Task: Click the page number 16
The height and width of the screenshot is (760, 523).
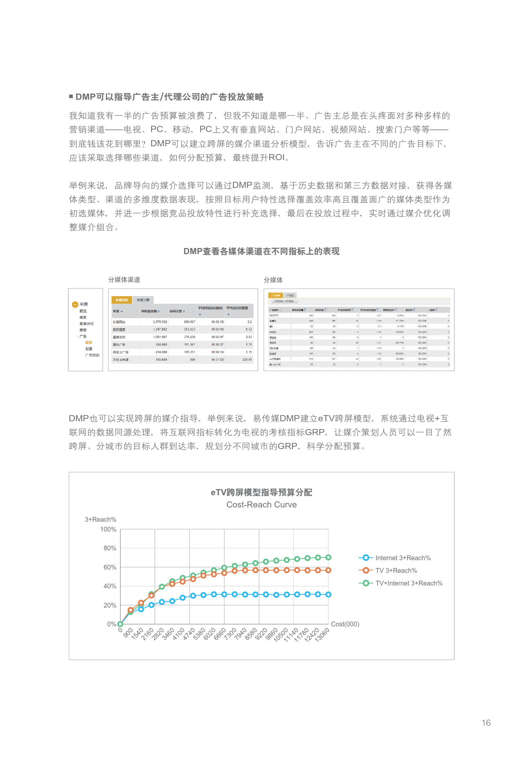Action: click(486, 722)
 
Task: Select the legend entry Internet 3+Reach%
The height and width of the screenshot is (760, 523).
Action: click(402, 558)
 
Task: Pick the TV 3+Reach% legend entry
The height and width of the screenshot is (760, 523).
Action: click(396, 570)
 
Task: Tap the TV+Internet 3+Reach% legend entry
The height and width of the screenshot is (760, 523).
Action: click(409, 583)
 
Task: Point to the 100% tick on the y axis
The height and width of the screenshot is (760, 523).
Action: click(108, 529)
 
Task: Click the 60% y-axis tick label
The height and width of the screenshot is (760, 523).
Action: click(110, 567)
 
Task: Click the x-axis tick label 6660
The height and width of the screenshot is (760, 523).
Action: click(220, 634)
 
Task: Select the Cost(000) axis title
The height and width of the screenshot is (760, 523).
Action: click(345, 624)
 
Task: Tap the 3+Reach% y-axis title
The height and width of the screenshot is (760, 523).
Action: click(101, 519)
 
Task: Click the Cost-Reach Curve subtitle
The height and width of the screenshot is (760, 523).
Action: click(261, 505)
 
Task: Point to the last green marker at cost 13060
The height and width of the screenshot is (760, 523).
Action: click(328, 557)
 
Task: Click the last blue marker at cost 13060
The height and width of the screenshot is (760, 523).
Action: click(328, 595)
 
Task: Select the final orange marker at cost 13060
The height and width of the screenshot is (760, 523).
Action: click(328, 570)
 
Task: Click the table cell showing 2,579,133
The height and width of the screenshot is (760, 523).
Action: click(160, 322)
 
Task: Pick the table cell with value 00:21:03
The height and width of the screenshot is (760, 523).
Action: click(217, 360)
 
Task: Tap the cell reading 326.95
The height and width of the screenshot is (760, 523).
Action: click(247, 360)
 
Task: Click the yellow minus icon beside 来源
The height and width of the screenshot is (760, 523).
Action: click(75, 304)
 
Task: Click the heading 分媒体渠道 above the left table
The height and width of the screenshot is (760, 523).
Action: click(124, 279)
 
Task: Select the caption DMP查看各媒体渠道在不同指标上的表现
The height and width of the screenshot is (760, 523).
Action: click(261, 251)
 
